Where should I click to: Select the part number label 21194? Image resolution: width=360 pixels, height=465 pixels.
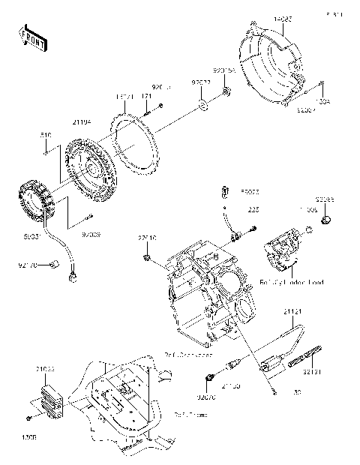(81, 121)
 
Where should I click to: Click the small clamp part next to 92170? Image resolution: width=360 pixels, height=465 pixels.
(54, 262)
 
